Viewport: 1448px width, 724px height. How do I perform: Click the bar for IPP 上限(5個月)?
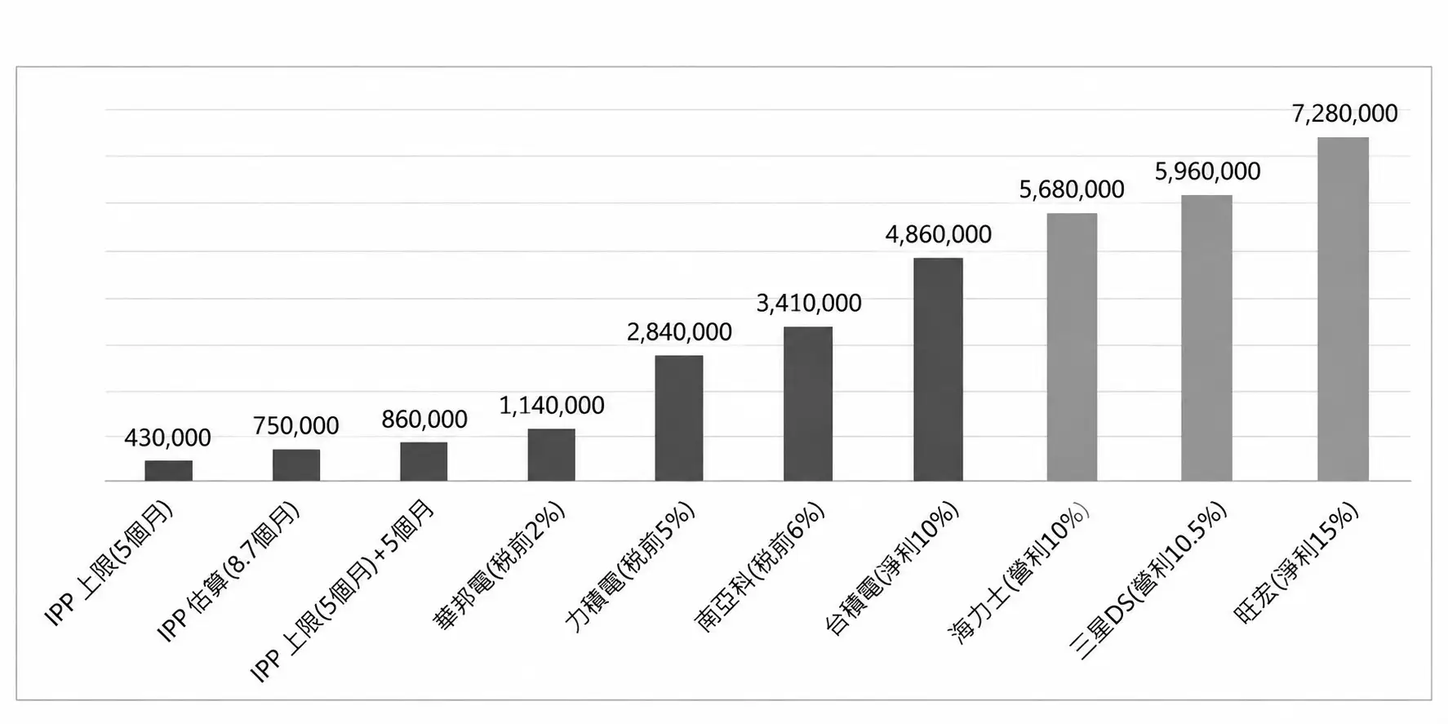(169, 471)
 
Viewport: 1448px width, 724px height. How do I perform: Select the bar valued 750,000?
(296, 465)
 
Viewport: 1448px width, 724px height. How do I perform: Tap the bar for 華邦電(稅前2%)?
(551, 455)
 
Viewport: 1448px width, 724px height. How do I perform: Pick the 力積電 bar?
(678, 418)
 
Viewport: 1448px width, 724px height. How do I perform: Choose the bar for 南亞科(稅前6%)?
(808, 404)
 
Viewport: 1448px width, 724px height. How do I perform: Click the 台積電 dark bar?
(938, 370)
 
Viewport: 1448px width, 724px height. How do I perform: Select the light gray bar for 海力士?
(1072, 348)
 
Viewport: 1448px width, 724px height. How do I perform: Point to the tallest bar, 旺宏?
(1343, 309)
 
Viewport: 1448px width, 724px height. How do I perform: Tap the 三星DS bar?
(1206, 338)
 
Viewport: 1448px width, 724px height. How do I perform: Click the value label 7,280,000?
(1344, 113)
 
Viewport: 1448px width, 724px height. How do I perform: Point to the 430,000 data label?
(167, 438)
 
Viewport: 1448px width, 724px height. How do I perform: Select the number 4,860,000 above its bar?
(939, 235)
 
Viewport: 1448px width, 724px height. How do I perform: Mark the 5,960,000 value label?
(1207, 171)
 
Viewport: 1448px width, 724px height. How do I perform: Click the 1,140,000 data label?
(552, 406)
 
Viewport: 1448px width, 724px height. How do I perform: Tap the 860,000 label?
(424, 420)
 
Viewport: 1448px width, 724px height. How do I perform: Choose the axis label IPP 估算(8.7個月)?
(229, 571)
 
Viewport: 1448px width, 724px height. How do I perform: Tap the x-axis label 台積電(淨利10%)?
(892, 569)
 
